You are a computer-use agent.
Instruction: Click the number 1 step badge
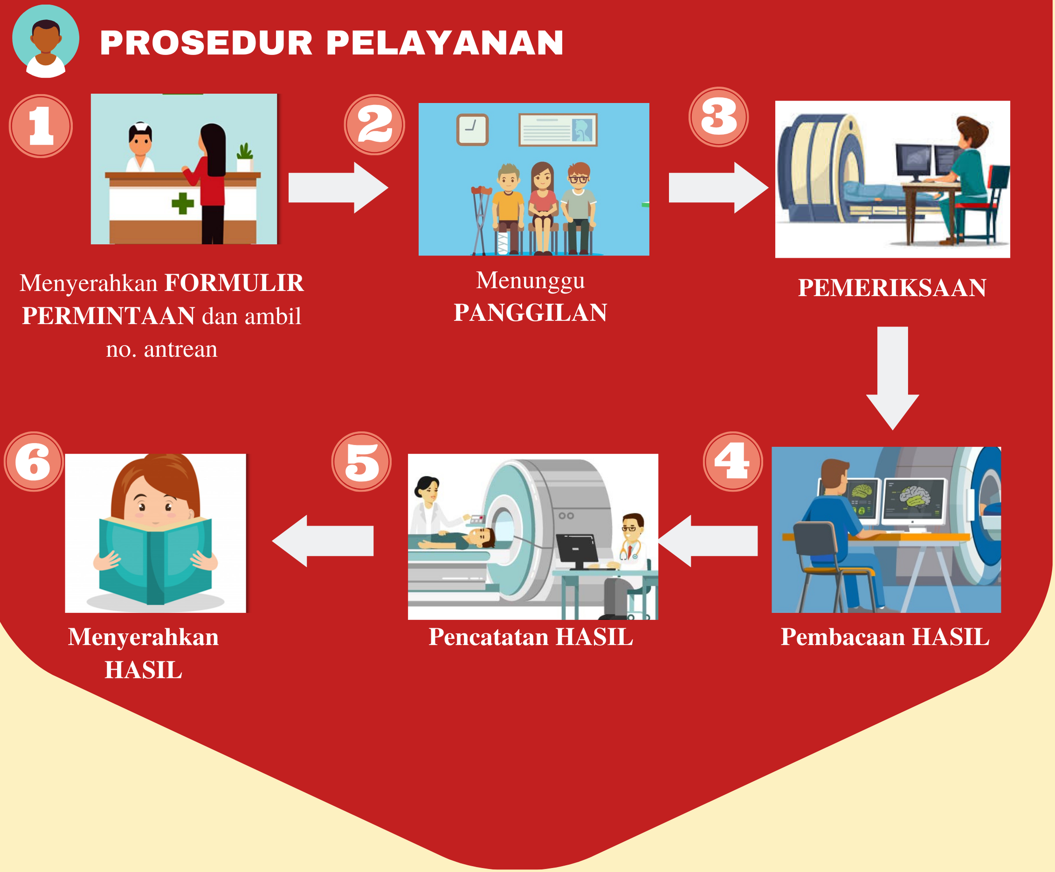coord(41,126)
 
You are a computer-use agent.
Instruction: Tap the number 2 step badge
coord(374,125)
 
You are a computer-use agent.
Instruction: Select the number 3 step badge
coord(719,117)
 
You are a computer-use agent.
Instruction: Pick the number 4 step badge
coord(733,461)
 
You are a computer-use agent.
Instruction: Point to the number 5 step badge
coord(361,461)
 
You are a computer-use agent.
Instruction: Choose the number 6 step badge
coord(34,461)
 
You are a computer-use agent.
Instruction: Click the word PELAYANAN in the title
coord(445,43)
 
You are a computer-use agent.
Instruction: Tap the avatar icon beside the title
coord(46,41)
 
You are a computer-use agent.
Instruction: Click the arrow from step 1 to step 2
coord(338,188)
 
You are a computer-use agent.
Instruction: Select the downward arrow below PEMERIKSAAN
coord(892,378)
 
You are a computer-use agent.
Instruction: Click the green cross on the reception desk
coord(183,203)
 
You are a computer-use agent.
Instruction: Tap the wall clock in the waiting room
coord(472,130)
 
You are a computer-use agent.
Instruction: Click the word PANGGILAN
coord(531,313)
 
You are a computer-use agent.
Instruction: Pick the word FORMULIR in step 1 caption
coord(234,283)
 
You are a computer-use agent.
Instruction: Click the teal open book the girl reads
coord(155,559)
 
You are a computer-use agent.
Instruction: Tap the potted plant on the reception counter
coord(244,158)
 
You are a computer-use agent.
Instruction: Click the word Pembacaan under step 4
coord(843,637)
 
